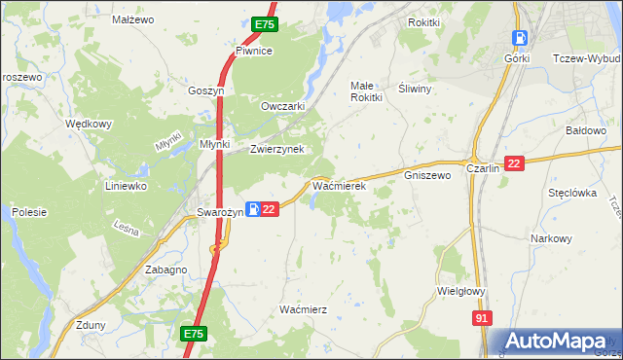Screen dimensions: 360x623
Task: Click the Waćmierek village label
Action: (x=338, y=185)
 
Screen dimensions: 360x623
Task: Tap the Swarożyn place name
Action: (x=219, y=211)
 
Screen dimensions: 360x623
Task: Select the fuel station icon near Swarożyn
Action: (x=252, y=209)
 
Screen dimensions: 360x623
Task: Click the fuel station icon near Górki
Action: (x=520, y=39)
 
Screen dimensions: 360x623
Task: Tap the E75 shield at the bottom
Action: (x=194, y=334)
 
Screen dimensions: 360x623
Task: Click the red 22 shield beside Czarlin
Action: (x=515, y=165)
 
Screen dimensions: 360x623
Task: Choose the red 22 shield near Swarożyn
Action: (x=271, y=209)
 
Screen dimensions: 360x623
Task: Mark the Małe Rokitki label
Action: (x=366, y=90)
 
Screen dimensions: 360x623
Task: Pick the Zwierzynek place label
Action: (x=277, y=149)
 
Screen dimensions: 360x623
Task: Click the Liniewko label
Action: (x=126, y=185)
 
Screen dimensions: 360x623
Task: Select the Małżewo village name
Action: (x=132, y=19)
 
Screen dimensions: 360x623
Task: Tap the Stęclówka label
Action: (x=571, y=193)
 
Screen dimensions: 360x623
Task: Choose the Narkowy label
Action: (x=551, y=238)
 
